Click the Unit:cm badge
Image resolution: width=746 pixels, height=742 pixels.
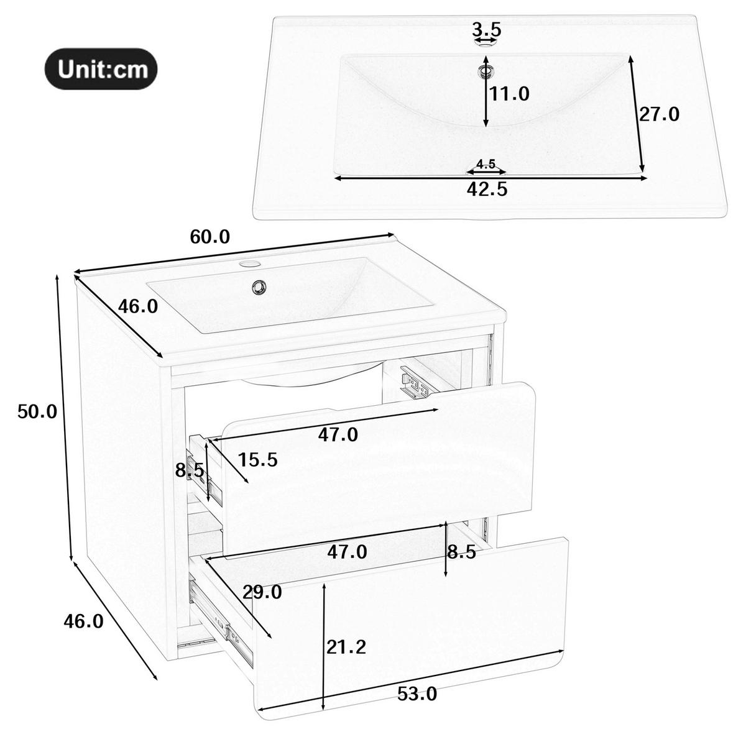click(x=101, y=69)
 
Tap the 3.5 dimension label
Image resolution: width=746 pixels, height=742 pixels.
click(x=486, y=29)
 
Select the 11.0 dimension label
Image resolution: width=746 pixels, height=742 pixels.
click(x=510, y=94)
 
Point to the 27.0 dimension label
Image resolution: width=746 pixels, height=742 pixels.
click(x=659, y=114)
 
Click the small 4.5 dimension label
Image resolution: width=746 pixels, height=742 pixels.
click(x=486, y=164)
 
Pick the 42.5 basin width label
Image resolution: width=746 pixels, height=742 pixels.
click(x=487, y=190)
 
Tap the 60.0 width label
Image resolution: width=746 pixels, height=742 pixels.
click(x=210, y=237)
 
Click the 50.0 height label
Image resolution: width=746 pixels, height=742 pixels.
click(x=37, y=411)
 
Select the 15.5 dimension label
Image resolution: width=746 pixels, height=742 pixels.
click(x=258, y=460)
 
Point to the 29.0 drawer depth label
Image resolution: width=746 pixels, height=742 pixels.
click(x=262, y=592)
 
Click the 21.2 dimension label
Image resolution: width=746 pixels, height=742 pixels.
click(x=346, y=647)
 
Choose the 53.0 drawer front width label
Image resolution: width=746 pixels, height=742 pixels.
click(x=417, y=705)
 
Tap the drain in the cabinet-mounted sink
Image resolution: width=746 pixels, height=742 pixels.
click(x=258, y=286)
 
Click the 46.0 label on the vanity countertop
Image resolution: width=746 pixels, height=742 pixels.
click(x=138, y=306)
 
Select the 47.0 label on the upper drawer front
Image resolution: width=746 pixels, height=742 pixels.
click(x=338, y=435)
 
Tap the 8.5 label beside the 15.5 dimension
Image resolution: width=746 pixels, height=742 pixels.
click(x=190, y=470)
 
